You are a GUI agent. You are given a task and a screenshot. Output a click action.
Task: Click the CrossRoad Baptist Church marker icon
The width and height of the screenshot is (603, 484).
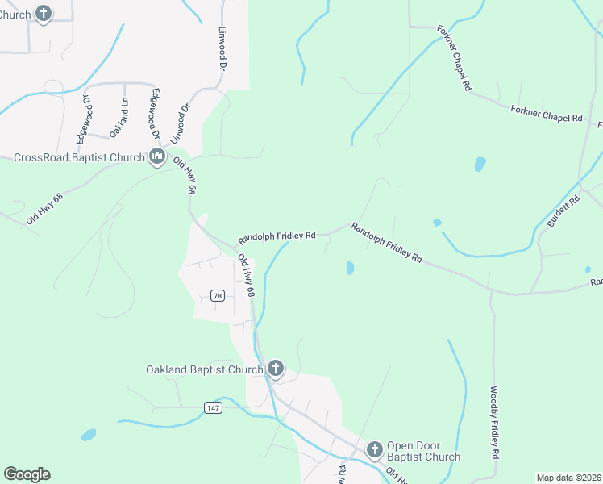tap(157, 156)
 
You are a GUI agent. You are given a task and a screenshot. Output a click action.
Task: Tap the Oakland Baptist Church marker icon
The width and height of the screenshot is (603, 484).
tap(276, 369)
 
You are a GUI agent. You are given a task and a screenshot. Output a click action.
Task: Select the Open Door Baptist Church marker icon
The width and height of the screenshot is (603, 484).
tap(374, 449)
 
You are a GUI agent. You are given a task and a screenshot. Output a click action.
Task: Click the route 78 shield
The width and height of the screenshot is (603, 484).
tap(218, 296)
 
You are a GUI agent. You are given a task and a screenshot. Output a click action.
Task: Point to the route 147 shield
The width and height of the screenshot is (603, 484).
tap(212, 408)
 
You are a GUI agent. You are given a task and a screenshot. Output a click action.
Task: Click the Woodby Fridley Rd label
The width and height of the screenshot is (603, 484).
tap(493, 423)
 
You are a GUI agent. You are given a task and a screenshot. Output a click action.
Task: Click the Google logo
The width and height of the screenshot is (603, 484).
tap(27, 474)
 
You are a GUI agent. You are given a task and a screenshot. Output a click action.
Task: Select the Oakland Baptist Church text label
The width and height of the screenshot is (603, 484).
tap(204, 370)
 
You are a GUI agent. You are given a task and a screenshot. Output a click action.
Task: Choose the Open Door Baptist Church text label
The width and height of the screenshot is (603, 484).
tap(423, 451)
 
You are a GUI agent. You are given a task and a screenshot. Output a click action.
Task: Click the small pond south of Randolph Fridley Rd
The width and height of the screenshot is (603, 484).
tap(349, 267)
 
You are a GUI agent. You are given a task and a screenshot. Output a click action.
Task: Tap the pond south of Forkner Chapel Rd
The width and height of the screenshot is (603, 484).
tap(480, 165)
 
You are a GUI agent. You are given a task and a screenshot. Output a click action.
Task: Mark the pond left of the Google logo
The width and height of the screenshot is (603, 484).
tap(87, 436)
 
